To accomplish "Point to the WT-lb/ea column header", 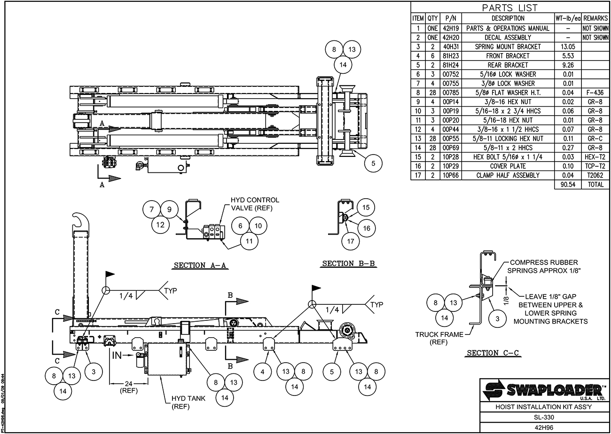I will pyautogui.click(x=568, y=18).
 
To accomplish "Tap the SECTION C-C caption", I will pyautogui.click(x=493, y=353).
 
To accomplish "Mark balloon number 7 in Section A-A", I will pyautogui.click(x=152, y=209).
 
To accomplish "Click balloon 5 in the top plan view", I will pyautogui.click(x=373, y=163).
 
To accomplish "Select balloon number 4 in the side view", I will pyautogui.click(x=262, y=372).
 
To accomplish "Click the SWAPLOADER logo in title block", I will pyautogui.click(x=544, y=389).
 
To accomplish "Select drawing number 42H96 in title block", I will pyautogui.click(x=543, y=427).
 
